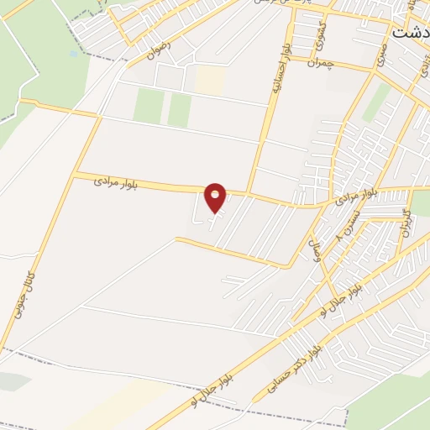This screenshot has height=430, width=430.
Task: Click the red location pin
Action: coord(216,197)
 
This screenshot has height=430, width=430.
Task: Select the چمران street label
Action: coord(321,63)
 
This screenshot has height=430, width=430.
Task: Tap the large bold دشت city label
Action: coord(412,31)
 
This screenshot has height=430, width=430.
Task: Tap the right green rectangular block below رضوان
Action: coord(179,110)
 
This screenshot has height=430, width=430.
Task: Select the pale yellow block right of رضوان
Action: coord(210,80)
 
